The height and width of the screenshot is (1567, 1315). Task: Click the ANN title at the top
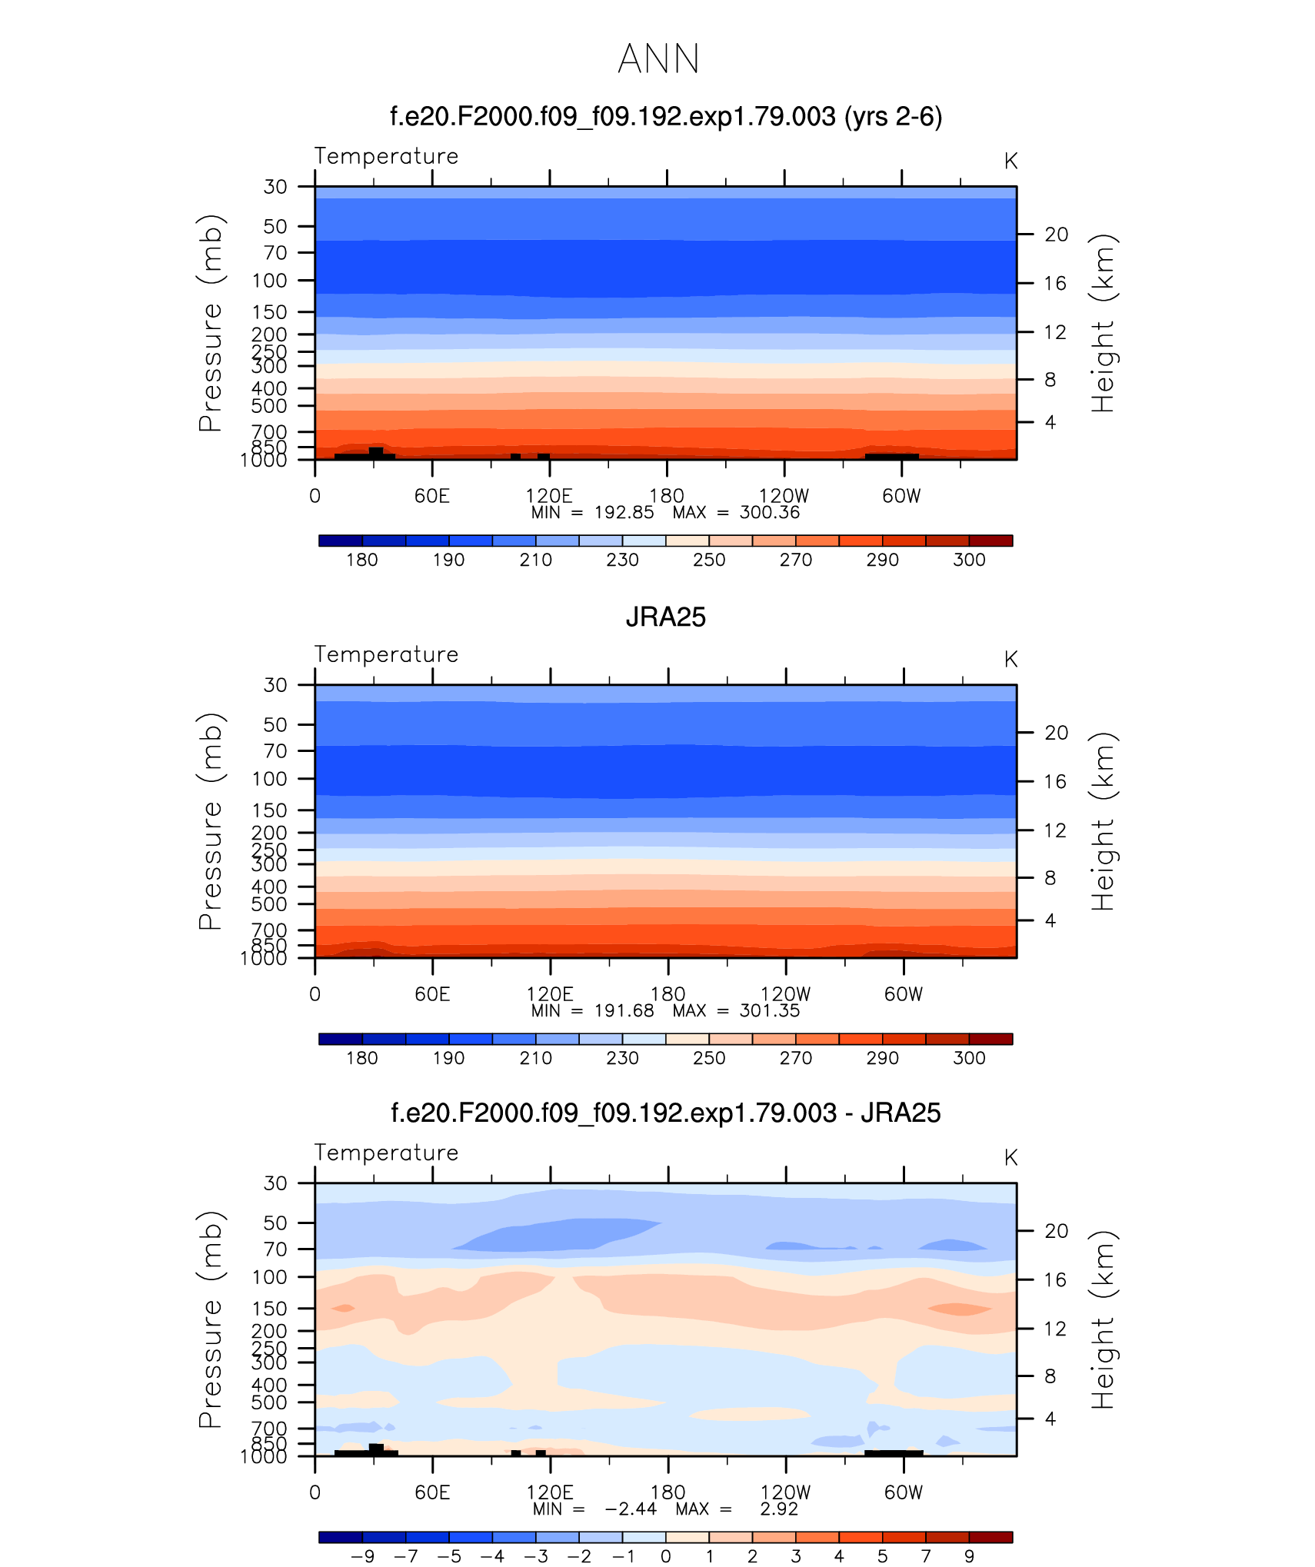(x=658, y=59)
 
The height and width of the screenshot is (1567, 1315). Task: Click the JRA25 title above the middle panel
(x=665, y=617)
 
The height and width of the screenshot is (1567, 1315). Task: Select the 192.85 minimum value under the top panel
(x=624, y=513)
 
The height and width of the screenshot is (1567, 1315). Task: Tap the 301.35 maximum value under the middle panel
(x=769, y=1011)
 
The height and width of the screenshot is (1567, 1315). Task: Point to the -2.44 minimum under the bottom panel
(x=631, y=1509)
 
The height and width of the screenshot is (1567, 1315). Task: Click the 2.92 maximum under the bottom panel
(x=779, y=1509)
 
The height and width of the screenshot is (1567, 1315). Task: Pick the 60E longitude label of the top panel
(x=431, y=496)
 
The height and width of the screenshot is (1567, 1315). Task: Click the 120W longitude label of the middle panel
(x=785, y=994)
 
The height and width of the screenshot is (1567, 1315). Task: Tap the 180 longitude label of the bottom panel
(x=667, y=1492)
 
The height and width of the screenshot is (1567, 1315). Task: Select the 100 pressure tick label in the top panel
(x=269, y=281)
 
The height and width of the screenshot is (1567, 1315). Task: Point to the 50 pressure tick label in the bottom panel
(x=275, y=1223)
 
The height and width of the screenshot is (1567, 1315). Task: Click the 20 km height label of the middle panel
(x=1056, y=733)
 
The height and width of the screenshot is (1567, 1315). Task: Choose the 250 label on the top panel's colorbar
(x=708, y=560)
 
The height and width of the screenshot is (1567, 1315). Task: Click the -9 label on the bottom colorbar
(x=362, y=1556)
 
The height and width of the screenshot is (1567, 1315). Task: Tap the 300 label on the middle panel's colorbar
(x=969, y=1058)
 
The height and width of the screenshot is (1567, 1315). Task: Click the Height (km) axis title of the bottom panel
(x=1103, y=1319)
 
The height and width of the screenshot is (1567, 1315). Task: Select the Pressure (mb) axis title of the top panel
(x=210, y=323)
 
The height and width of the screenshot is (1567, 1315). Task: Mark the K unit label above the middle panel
(x=1010, y=660)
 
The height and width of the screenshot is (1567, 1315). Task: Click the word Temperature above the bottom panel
(x=386, y=1153)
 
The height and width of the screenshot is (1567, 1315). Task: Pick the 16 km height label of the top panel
(x=1055, y=284)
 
